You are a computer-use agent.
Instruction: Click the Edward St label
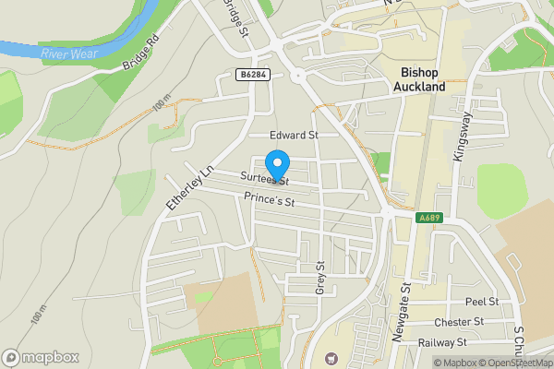[294, 135]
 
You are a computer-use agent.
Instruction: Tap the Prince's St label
[269, 199]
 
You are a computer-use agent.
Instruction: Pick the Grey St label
[321, 277]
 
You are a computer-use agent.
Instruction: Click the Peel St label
[481, 302]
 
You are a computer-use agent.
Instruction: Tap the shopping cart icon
[332, 357]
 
